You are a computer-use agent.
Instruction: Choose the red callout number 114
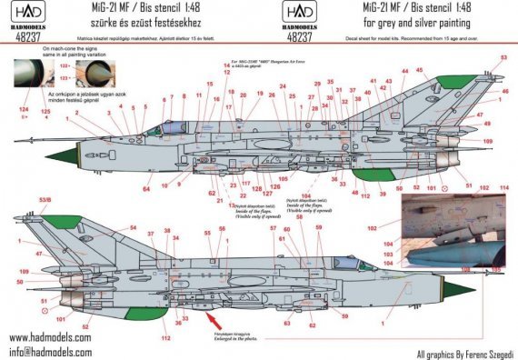click(x=505, y=187)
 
